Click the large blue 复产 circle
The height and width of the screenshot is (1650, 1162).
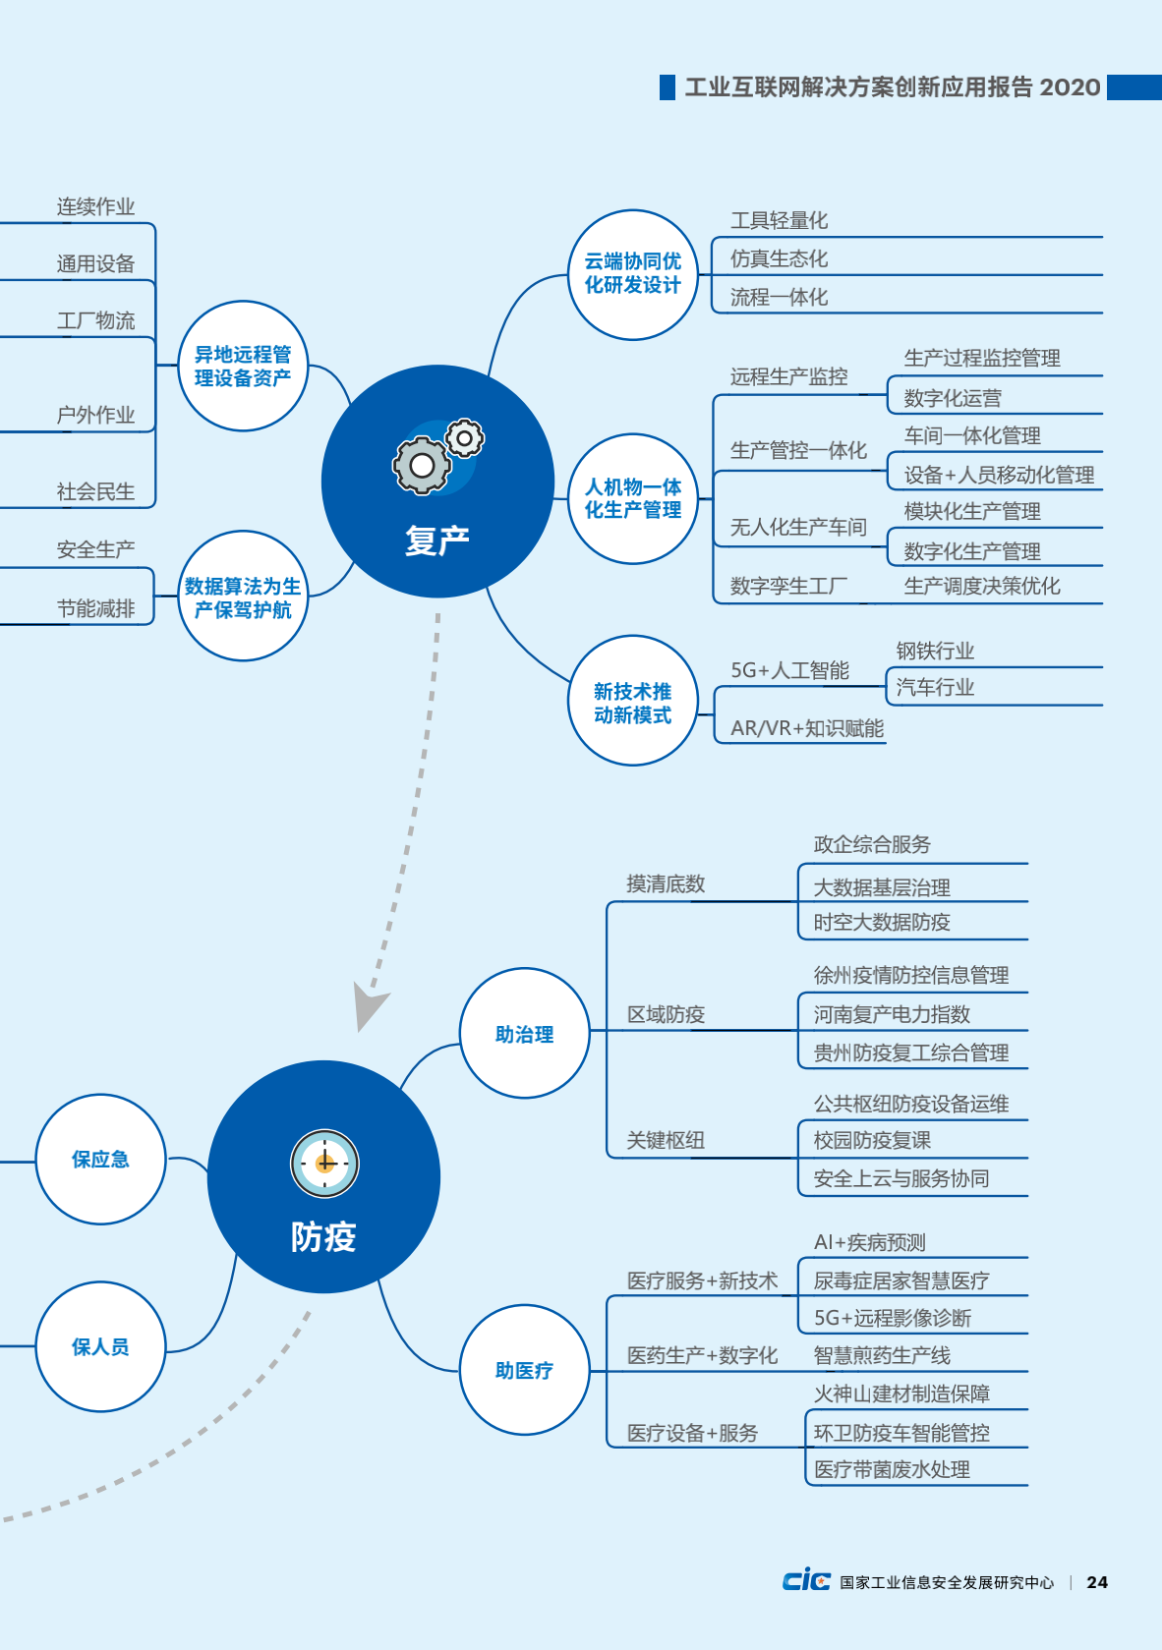[x=437, y=481]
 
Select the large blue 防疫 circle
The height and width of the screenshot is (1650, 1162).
[x=323, y=1176]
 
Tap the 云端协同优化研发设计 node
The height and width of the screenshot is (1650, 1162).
[x=633, y=275]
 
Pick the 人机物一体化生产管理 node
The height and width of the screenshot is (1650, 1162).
[x=633, y=498]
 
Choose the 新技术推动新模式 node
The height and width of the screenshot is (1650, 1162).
[x=633, y=701]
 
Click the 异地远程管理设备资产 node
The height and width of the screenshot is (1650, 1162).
[x=243, y=367]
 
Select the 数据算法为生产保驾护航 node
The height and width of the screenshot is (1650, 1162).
[x=243, y=596]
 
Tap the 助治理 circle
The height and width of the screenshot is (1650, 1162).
[x=525, y=1033]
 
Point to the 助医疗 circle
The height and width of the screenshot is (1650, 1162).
[x=525, y=1369]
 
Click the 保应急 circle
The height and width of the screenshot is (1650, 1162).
[x=101, y=1159]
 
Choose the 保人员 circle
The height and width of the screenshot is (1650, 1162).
[x=101, y=1346]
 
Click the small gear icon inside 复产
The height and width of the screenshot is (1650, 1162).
[x=464, y=439]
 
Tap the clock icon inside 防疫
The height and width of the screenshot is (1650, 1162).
[x=324, y=1164]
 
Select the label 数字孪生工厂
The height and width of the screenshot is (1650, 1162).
[x=788, y=587]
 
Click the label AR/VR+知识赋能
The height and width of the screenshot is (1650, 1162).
[x=807, y=728]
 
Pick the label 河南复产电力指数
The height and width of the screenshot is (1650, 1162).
[x=892, y=1014]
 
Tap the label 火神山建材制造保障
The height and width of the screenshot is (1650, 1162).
[x=901, y=1394]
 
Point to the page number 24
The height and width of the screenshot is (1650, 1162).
[x=1097, y=1582]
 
